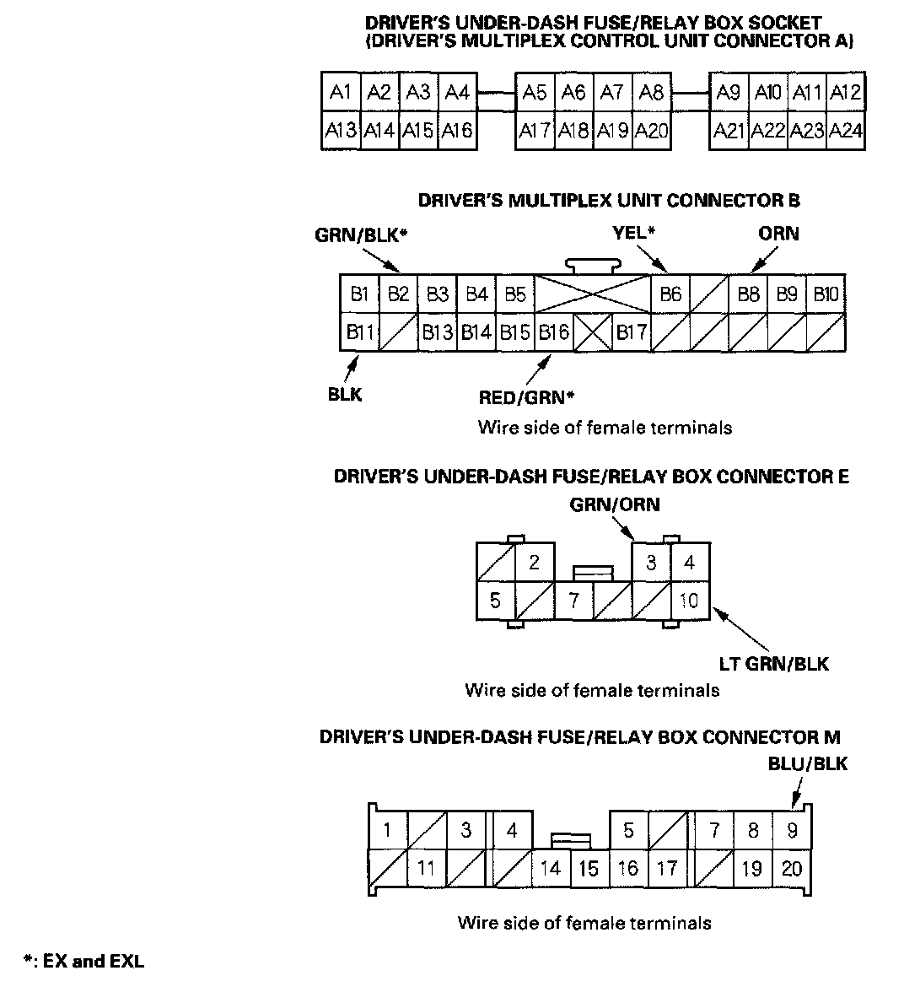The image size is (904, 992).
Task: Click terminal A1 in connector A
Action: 341,92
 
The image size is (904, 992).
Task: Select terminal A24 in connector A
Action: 845,131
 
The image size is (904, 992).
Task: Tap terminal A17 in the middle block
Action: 535,131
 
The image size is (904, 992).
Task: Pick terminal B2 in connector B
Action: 398,294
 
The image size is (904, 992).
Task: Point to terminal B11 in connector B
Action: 360,332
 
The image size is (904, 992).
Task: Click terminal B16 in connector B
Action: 553,332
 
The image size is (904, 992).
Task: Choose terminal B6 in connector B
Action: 670,294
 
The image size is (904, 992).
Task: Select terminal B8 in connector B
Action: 748,294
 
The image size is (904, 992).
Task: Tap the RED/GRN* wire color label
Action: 520,396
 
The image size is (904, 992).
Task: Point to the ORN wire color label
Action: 778,234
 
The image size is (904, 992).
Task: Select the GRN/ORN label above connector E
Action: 615,504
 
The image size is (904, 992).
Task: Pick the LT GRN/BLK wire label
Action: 773,664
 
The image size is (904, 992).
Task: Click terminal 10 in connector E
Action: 690,601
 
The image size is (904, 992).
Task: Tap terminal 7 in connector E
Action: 574,601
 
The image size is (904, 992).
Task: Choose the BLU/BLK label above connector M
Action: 807,764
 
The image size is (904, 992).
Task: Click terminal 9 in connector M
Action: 792,831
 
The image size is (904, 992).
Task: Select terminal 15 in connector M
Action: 589,868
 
